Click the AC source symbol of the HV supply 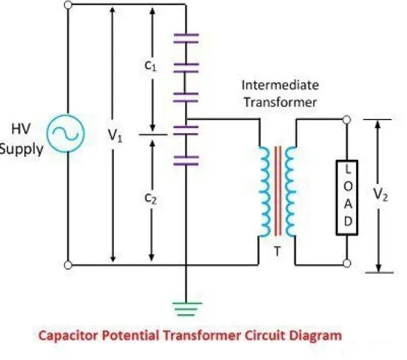pyautogui.click(x=66, y=133)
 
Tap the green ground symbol pyautogui.click(x=186, y=309)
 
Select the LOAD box pyautogui.click(x=347, y=197)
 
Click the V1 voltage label pyautogui.click(x=115, y=135)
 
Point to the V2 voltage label pyautogui.click(x=380, y=194)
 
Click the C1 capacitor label pyautogui.click(x=150, y=66)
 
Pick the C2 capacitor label pyautogui.click(x=150, y=199)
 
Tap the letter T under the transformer pyautogui.click(x=277, y=251)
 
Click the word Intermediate pyautogui.click(x=280, y=85)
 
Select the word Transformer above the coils pyautogui.click(x=280, y=102)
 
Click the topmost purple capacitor pyautogui.click(x=186, y=38)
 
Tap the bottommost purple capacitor pyautogui.click(x=186, y=160)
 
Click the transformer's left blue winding pyautogui.click(x=264, y=191)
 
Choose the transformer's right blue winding pyautogui.click(x=291, y=191)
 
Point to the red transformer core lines pyautogui.click(x=277, y=191)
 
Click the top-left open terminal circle pyautogui.click(x=68, y=4)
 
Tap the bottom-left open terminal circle pyautogui.click(x=68, y=265)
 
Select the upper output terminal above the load pyautogui.click(x=347, y=120)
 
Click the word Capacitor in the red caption pyautogui.click(x=67, y=336)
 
